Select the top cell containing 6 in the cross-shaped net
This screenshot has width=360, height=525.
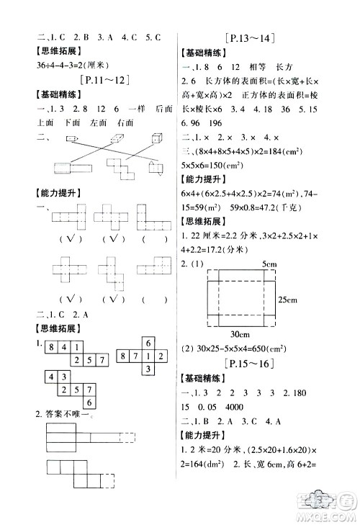point(147,343)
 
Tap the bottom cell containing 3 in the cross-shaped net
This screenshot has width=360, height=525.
point(147,369)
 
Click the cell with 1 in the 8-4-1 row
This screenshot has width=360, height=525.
point(78,347)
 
